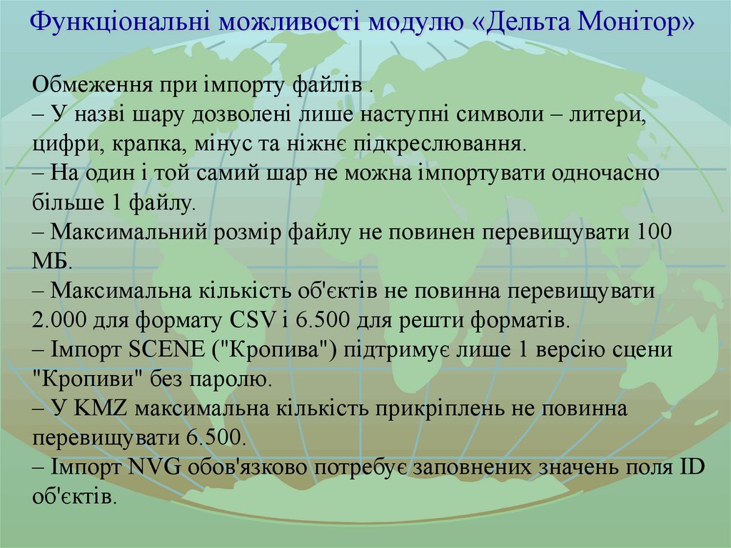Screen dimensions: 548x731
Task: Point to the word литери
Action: (x=607, y=114)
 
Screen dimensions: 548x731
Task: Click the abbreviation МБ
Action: (x=50, y=261)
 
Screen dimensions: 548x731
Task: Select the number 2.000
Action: (x=62, y=319)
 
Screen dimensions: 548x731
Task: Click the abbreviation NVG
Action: (x=157, y=468)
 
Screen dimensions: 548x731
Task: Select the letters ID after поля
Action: (x=692, y=468)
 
